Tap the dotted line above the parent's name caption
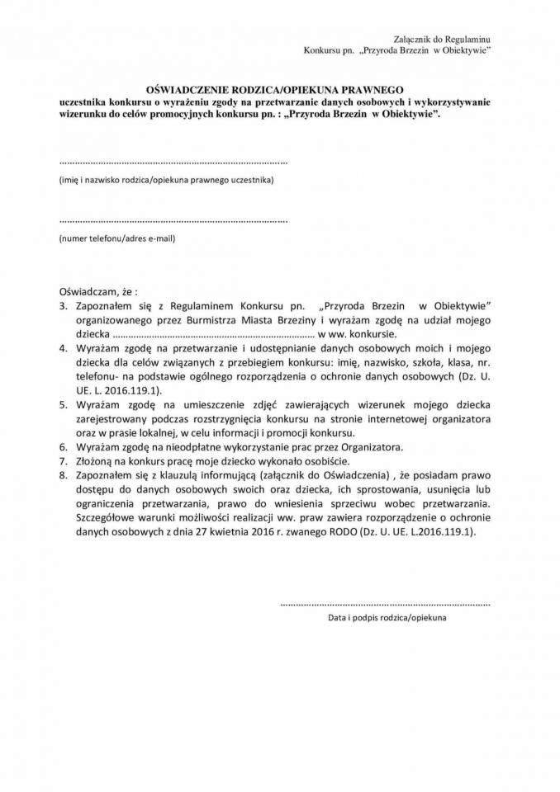pyautogui.click(x=173, y=162)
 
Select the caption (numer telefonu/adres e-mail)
pyautogui.click(x=116, y=238)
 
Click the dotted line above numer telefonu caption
pyautogui.click(x=173, y=221)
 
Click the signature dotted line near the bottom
pyautogui.click(x=385, y=604)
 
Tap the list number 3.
pyautogui.click(x=63, y=305)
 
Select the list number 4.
pyautogui.click(x=63, y=348)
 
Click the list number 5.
pyautogui.click(x=63, y=404)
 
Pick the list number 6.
pyautogui.click(x=63, y=447)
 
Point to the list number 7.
pyautogui.click(x=63, y=461)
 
